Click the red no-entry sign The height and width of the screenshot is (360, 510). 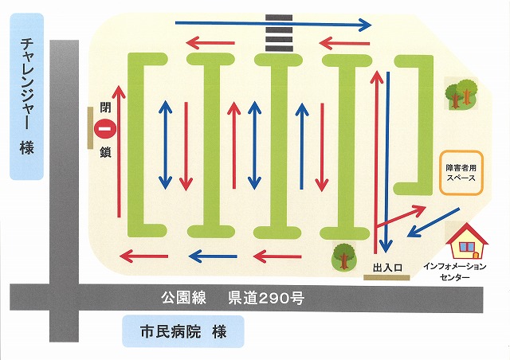pyautogui.click(x=105, y=129)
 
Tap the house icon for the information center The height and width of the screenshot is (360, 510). pyautogui.click(x=467, y=241)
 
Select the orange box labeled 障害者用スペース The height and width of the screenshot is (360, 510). pyautogui.click(x=461, y=173)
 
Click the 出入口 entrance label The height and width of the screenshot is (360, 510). pyautogui.click(x=387, y=268)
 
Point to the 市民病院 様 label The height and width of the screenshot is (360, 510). pyautogui.click(x=183, y=331)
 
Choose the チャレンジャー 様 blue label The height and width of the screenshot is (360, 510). pyautogui.click(x=26, y=96)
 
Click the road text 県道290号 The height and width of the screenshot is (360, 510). pyautogui.click(x=266, y=298)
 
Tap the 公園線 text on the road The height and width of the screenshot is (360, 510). pyautogui.click(x=184, y=298)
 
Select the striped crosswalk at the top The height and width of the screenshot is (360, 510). pyautogui.click(x=279, y=33)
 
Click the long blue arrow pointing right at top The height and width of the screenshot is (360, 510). pyautogui.click(x=273, y=24)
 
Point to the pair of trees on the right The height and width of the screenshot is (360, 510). pyautogui.click(x=461, y=94)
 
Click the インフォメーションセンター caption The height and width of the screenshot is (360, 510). pyautogui.click(x=455, y=272)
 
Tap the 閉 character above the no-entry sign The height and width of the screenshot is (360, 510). pyautogui.click(x=105, y=107)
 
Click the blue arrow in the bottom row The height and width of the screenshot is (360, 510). pyautogui.click(x=213, y=256)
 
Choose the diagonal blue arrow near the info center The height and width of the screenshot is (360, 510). pyautogui.click(x=433, y=222)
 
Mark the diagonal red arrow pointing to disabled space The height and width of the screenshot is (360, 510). pyautogui.click(x=401, y=216)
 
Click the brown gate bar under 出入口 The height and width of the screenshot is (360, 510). pyautogui.click(x=386, y=277)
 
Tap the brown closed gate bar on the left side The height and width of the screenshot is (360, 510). pyautogui.click(x=90, y=128)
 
